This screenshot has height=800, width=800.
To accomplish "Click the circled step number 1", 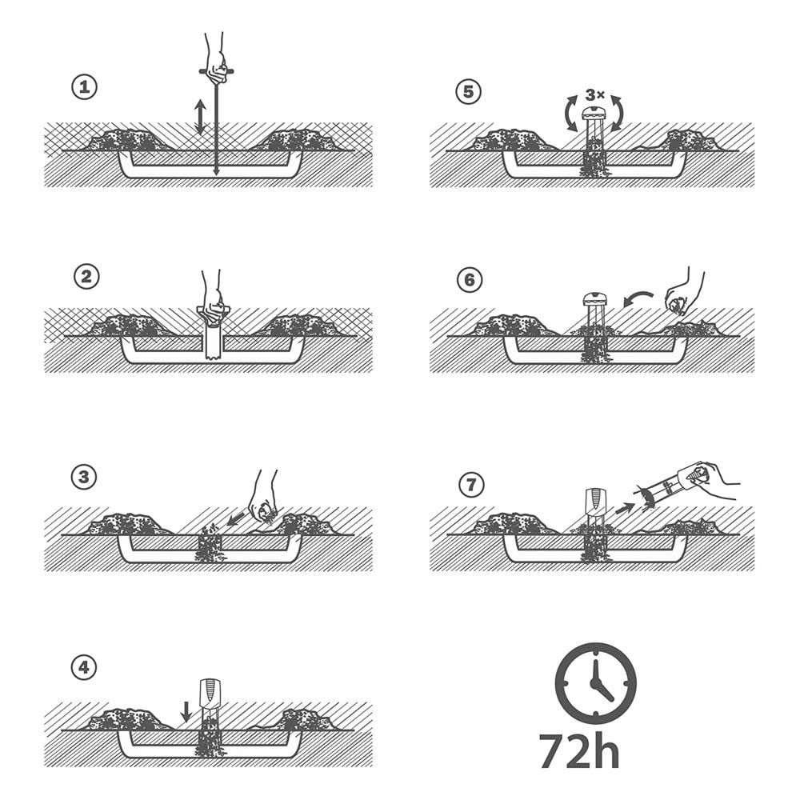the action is pos(84,87).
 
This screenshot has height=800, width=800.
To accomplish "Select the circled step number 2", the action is pos(86,277).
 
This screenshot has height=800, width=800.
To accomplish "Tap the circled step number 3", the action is pos(84,477).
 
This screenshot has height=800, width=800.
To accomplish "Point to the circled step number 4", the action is pos(84,667).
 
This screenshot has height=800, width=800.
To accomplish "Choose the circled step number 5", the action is pos(468,92).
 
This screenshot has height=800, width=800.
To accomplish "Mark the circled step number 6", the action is pos(470,279).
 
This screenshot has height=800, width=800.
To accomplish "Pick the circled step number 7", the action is pos(471,484).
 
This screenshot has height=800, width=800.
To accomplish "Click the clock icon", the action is pos(595,683).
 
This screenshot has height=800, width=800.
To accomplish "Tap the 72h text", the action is pos(579,750).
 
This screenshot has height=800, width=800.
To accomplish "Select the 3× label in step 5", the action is pos(595,95).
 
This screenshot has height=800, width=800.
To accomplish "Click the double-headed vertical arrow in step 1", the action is pos(200,117).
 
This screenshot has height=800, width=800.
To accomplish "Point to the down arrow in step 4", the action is pos(186,711).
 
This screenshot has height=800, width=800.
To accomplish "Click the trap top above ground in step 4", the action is pos(210,692).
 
